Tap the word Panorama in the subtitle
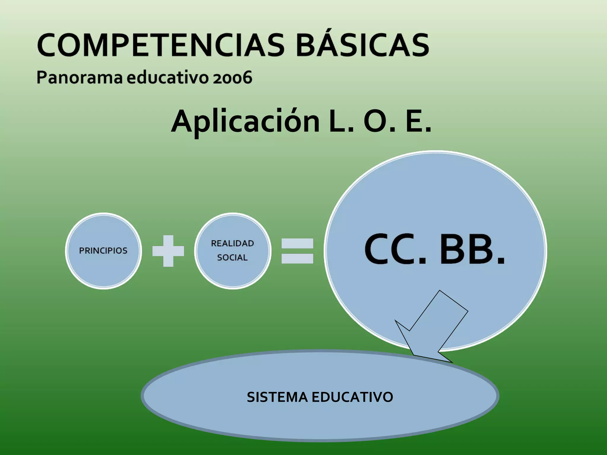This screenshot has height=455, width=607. coord(79,78)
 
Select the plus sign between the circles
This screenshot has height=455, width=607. coord(168,251)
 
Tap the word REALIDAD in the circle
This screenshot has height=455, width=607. coord(232,243)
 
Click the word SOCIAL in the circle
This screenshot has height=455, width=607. coord(232,257)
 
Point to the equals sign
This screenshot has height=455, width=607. coord(297,251)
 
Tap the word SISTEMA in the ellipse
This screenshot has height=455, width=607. coord(277,397)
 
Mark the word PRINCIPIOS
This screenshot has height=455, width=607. coord(103,251)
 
